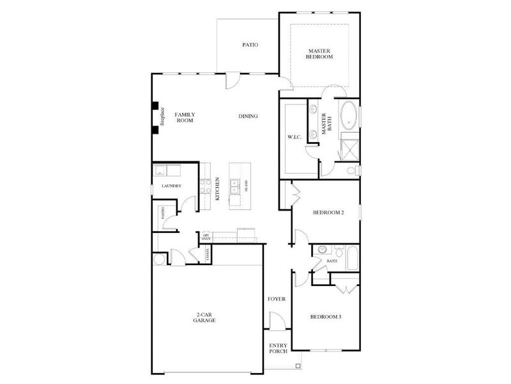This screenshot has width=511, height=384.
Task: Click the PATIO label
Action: pyautogui.click(x=250, y=45)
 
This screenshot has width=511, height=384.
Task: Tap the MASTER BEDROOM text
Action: pyautogui.click(x=320, y=54)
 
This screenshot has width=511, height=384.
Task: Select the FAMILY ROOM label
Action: pyautogui.click(x=185, y=118)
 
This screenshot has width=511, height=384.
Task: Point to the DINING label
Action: pyautogui.click(x=248, y=116)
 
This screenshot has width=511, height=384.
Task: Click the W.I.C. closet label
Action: pyautogui.click(x=294, y=137)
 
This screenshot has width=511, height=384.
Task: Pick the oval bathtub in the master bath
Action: pyautogui.click(x=349, y=116)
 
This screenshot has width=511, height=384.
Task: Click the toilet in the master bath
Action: pyautogui.click(x=352, y=171)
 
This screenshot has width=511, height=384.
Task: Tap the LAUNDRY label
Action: pyautogui.click(x=171, y=186)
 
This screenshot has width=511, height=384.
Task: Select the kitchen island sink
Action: pyautogui.click(x=236, y=186)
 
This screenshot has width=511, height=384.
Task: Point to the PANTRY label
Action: pyautogui.click(x=164, y=213)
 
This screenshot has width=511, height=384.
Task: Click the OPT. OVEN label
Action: pyautogui.click(x=206, y=237)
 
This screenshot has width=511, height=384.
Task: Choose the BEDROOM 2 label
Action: pyautogui.click(x=328, y=212)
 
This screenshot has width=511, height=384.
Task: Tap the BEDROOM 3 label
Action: pyautogui.click(x=326, y=317)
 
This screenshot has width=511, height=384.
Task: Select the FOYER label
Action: pyautogui.click(x=277, y=300)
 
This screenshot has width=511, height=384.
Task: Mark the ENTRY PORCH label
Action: pyautogui.click(x=278, y=348)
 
